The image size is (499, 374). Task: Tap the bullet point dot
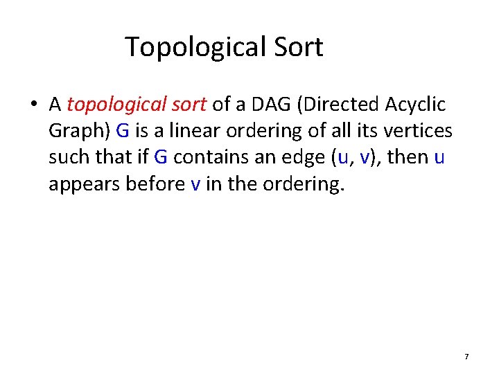click(33, 105)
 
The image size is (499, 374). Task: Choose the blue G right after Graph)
click(122, 130)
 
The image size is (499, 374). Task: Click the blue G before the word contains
click(161, 157)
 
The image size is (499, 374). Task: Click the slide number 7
click(466, 356)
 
